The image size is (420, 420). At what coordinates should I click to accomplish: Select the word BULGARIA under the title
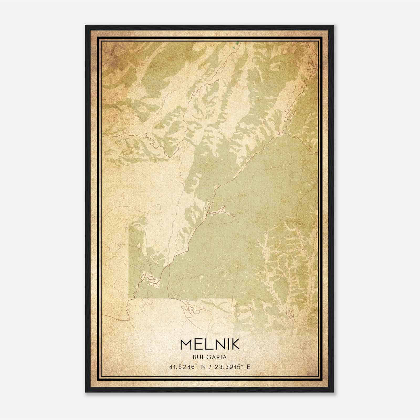pos(210,357)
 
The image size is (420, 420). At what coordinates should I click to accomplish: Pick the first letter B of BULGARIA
pos(195,357)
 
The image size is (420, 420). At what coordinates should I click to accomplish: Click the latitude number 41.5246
pos(181,367)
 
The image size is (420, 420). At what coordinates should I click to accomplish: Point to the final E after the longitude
pos(249,367)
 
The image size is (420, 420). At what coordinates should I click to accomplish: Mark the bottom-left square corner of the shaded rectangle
pos(129,298)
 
